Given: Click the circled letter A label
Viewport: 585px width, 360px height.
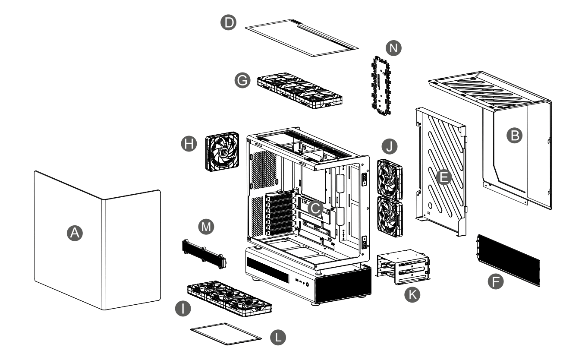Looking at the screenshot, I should (75, 233).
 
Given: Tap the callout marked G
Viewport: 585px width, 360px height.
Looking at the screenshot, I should (242, 81).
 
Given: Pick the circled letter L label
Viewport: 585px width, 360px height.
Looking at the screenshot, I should (278, 337).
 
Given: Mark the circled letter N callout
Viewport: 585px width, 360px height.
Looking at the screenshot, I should (393, 48).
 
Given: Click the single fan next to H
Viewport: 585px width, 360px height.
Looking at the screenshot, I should (222, 152).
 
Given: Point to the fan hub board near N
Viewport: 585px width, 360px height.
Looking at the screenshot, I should (379, 85).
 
